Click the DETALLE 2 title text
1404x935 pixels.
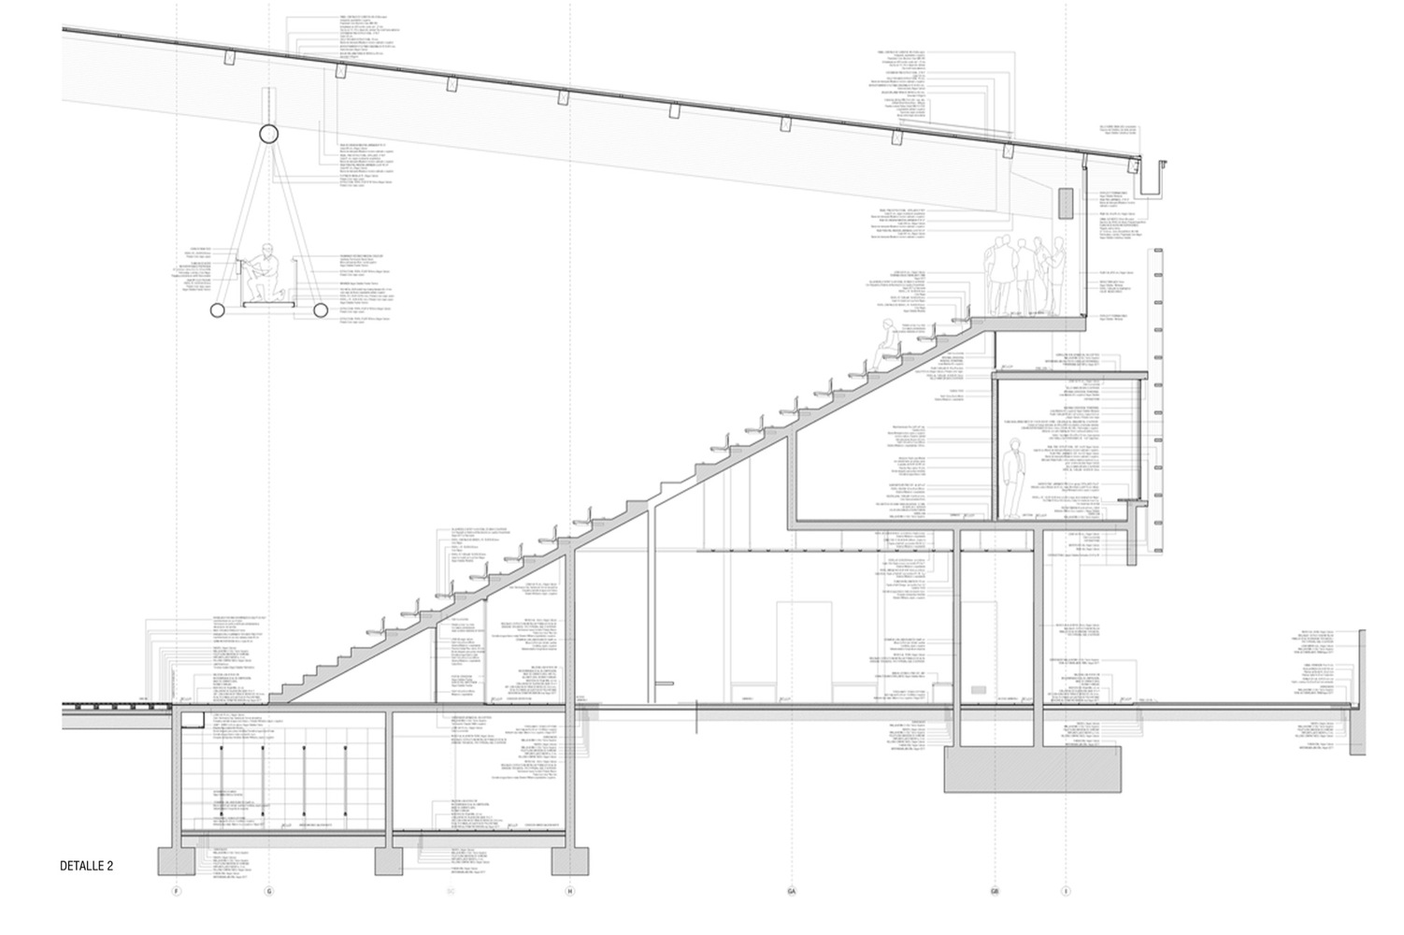pos(86,866)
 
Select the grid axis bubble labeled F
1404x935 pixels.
pos(176,891)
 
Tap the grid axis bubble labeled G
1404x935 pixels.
pos(270,891)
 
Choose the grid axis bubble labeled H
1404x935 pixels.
pos(570,891)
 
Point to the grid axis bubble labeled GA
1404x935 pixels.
pos(792,891)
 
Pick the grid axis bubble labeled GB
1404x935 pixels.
pos(995,891)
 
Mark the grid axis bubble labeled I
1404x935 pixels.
pos(1066,891)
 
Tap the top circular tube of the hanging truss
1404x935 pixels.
pos(268,133)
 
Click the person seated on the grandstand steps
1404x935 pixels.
pos(882,341)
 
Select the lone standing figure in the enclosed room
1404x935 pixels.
pos(1011,481)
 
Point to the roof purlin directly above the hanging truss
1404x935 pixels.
pos(228,58)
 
